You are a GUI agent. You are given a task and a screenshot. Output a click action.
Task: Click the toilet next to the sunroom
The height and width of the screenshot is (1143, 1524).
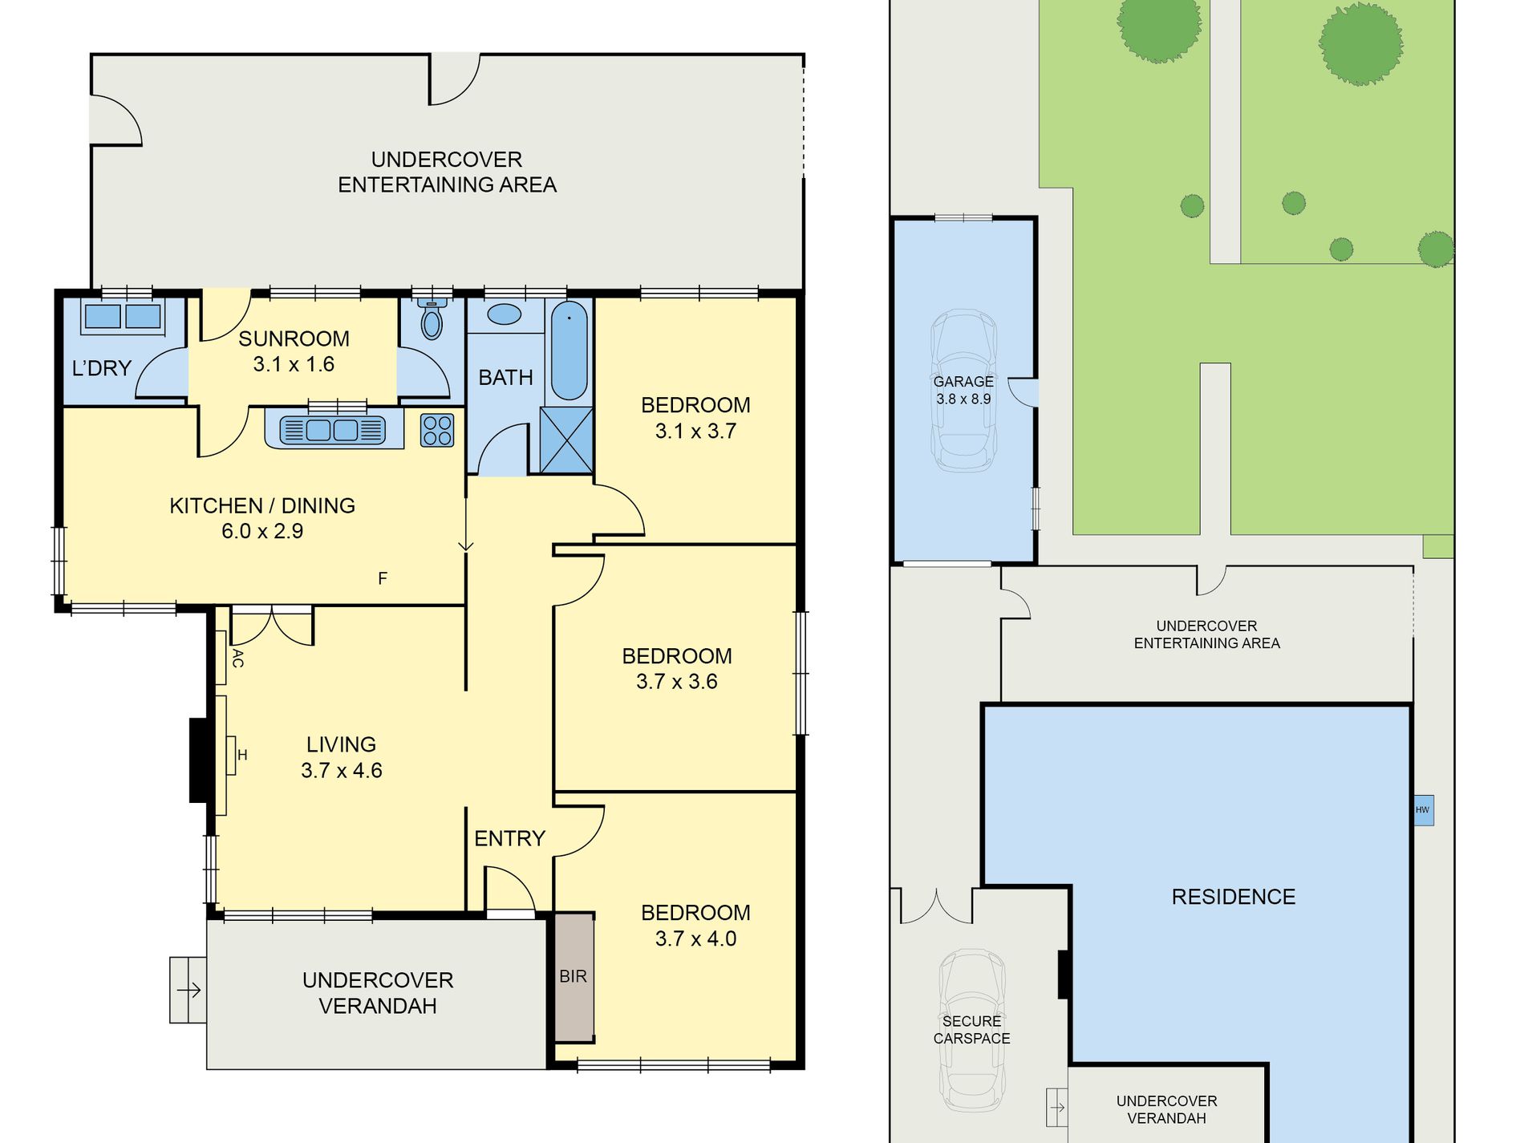tap(432, 318)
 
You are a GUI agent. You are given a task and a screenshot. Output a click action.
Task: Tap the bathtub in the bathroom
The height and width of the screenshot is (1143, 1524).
tap(569, 351)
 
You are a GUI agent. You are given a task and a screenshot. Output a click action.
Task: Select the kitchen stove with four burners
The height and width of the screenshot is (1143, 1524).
tap(437, 430)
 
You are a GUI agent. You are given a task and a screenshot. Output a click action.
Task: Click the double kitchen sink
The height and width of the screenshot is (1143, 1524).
tap(333, 430)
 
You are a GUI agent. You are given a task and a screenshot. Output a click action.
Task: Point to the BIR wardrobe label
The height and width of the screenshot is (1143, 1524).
tap(573, 976)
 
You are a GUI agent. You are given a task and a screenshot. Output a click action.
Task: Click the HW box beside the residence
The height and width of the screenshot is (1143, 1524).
tap(1422, 810)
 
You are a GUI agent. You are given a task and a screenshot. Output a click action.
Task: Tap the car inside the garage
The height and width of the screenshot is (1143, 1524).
tap(963, 391)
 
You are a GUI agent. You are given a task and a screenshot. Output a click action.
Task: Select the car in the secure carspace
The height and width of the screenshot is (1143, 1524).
tap(972, 1030)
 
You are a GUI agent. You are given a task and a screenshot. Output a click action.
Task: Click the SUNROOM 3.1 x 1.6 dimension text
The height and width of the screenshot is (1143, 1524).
tap(294, 364)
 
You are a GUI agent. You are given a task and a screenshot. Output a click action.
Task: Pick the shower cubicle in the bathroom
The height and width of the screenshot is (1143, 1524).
tap(566, 440)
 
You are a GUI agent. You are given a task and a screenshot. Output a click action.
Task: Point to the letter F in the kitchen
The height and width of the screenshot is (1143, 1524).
tap(383, 578)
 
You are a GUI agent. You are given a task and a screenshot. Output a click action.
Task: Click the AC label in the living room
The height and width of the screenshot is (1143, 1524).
tap(237, 659)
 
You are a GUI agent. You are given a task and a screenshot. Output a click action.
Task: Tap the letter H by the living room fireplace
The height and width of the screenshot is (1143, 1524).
tap(242, 755)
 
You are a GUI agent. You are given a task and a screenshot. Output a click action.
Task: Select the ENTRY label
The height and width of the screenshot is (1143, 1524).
tap(509, 839)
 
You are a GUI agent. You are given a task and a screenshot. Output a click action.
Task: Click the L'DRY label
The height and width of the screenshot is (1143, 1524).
tap(101, 368)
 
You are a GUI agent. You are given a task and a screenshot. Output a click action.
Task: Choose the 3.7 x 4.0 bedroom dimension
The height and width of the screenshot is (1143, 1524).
tap(695, 938)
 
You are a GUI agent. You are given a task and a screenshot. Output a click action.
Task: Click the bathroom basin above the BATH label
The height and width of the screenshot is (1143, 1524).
tap(504, 314)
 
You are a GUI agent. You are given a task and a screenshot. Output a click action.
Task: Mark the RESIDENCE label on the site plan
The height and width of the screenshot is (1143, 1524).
tap(1234, 897)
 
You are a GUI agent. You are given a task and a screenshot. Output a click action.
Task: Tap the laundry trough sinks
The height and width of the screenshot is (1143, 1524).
tap(123, 316)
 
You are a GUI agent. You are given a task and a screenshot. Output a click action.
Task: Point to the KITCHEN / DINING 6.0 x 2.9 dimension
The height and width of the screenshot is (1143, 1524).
tap(262, 531)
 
